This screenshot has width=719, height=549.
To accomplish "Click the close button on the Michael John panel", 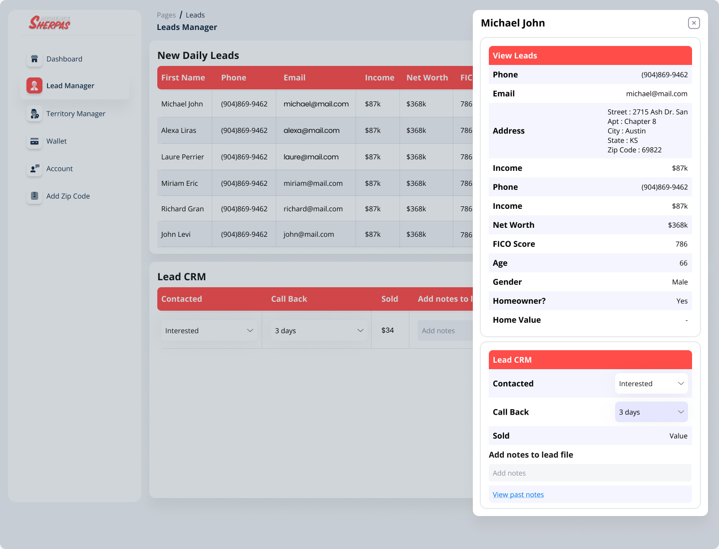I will [694, 23].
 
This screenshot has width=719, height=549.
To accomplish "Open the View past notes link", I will [518, 495].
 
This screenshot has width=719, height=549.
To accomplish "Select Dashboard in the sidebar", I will [64, 59].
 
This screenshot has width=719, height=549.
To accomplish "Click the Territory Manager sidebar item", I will [75, 114].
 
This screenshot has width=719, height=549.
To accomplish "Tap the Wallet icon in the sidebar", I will [34, 141].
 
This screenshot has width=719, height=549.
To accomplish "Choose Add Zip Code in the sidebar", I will [68, 196].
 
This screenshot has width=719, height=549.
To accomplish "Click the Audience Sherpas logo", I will [49, 22].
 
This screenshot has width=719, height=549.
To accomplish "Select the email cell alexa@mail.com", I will [311, 130].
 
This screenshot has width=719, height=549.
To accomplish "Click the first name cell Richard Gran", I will [182, 209].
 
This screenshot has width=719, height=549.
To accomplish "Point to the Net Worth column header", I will [427, 77].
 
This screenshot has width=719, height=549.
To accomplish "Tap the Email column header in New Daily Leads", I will [294, 77].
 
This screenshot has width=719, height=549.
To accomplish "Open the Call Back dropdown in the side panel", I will [651, 412].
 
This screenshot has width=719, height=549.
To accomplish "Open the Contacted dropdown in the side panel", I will [651, 384].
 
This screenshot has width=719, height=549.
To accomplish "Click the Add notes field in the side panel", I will [590, 473].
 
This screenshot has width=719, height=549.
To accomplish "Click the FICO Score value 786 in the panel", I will [681, 244].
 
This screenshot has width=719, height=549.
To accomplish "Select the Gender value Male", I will [680, 282].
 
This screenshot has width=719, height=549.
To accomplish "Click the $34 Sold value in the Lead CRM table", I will [387, 330].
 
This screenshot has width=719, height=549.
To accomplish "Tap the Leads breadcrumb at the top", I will [195, 15].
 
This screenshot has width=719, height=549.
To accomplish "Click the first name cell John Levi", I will [176, 234].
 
